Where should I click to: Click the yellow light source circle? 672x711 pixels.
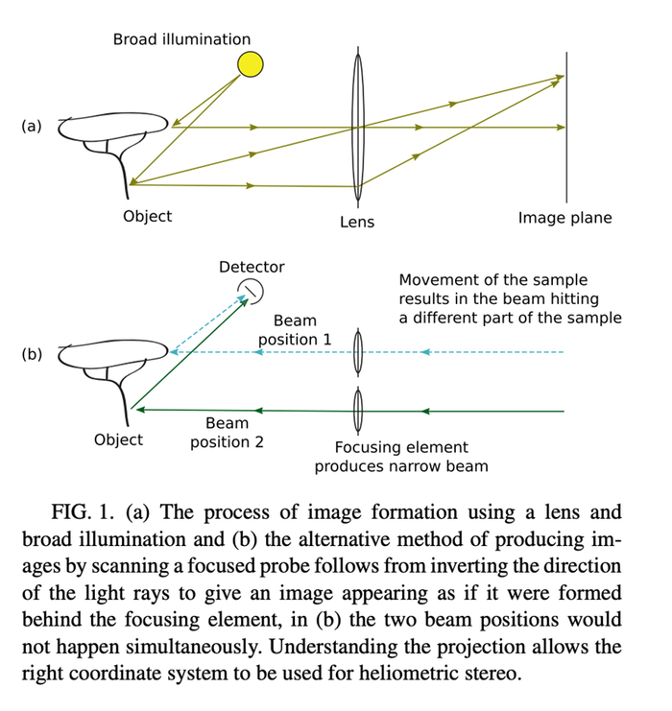250,64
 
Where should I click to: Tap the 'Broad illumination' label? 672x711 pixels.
181,39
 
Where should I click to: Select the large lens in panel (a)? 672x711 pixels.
358,127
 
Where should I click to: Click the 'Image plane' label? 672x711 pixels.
564,218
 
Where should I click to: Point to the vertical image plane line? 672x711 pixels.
566,127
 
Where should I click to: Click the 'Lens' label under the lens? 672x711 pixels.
357,223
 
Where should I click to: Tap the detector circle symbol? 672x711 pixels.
251,291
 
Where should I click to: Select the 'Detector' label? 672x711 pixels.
252,267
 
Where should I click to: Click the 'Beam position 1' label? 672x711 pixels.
295,330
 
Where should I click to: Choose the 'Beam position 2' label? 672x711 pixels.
227,433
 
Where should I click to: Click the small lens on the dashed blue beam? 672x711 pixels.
358,352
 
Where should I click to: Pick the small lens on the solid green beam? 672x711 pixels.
358,411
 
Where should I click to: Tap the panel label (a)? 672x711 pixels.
32,126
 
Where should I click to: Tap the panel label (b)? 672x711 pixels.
32,354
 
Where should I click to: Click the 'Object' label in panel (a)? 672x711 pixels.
148,216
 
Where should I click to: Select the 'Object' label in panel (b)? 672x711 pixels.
118,439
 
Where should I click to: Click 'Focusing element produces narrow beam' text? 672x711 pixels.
401,457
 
